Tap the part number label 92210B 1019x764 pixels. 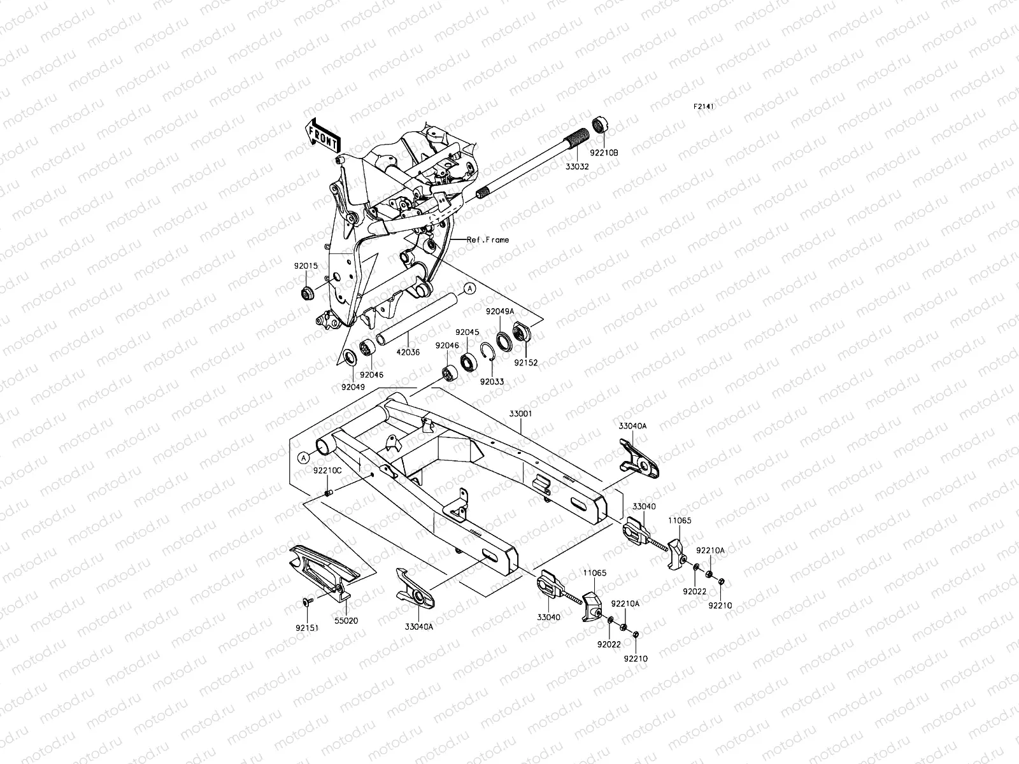(603, 153)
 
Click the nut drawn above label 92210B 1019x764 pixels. (599, 125)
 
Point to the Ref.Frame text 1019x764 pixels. (488, 240)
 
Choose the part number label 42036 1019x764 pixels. (408, 351)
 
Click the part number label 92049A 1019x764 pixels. (500, 311)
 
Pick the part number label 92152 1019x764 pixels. (527, 362)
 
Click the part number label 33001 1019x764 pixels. (520, 413)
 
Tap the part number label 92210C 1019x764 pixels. (327, 470)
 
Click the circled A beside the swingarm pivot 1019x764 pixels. (304, 456)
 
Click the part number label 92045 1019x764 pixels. (467, 332)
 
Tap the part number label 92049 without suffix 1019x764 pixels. (352, 387)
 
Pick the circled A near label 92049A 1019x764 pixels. (469, 288)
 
